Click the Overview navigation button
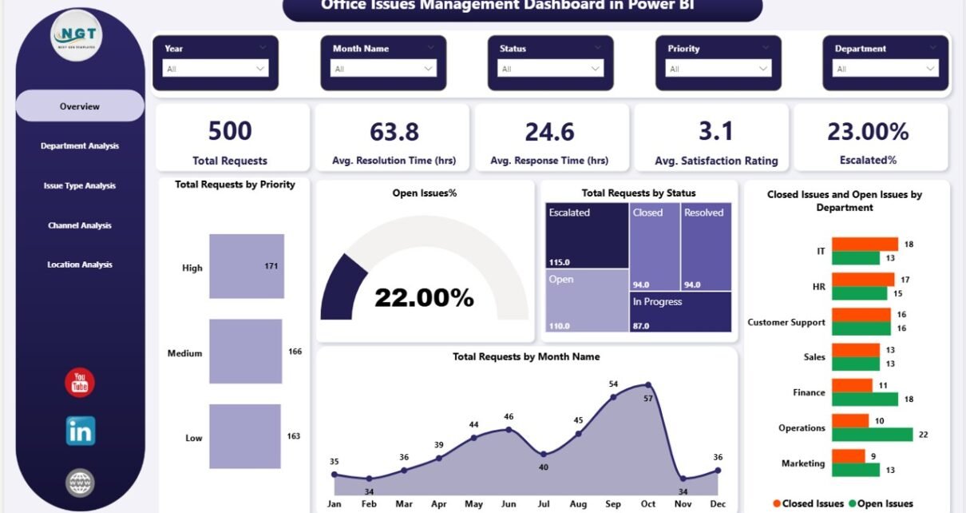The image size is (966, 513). [x=80, y=106]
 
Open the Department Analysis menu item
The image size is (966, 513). [x=80, y=146]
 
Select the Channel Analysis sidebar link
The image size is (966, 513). [x=80, y=225]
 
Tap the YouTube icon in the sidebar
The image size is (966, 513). [x=80, y=384]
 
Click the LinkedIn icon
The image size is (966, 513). [x=81, y=431]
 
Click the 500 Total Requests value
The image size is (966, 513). [x=230, y=131]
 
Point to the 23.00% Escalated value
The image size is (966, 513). [x=868, y=131]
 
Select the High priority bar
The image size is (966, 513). [x=246, y=266]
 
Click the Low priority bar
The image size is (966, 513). [x=244, y=436]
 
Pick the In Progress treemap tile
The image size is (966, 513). [x=680, y=312]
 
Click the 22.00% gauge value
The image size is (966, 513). [x=424, y=298]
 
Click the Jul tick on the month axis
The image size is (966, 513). [x=543, y=504]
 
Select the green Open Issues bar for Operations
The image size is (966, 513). [x=872, y=434]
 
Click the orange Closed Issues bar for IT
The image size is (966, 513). [x=865, y=244]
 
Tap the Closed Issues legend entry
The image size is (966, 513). [x=807, y=503]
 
